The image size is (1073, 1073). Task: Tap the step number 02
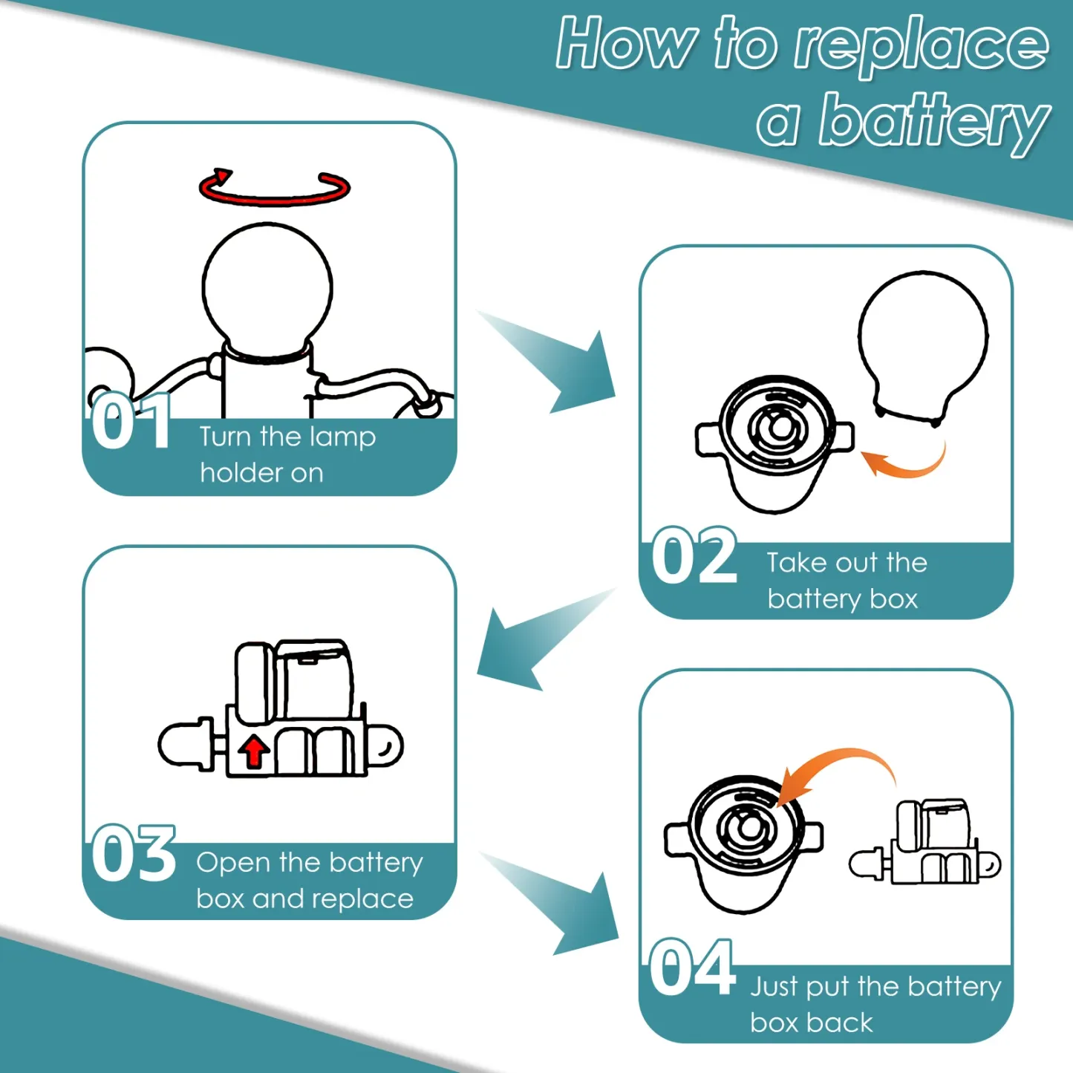(694, 555)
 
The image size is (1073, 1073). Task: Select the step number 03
(134, 853)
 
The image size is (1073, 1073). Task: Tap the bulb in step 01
(267, 290)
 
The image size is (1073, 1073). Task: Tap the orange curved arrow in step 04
(835, 758)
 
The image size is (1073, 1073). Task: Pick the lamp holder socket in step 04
(744, 844)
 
